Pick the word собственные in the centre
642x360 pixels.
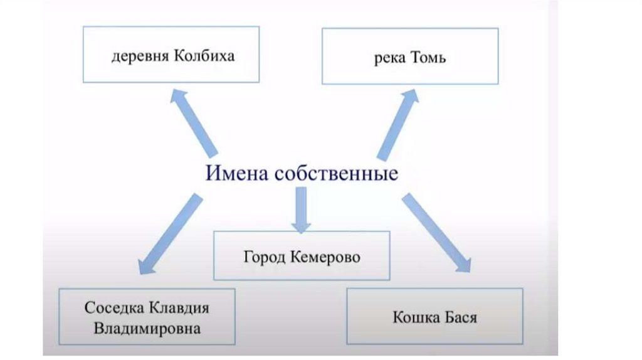point(335,172)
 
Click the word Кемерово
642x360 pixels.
point(326,257)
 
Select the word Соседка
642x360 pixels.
point(113,309)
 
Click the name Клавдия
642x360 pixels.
point(179,309)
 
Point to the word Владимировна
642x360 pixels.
point(147,328)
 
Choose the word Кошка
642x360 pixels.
point(416,317)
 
